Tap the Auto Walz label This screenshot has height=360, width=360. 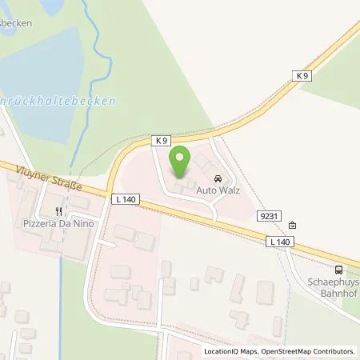pos(218,193)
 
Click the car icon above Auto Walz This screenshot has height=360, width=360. pos(218,178)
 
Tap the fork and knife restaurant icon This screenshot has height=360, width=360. pos(58,212)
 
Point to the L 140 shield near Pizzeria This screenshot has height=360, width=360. pos(126,198)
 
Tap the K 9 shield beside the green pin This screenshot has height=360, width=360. pos(162,141)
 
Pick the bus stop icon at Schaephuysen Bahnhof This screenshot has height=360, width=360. pos(339,270)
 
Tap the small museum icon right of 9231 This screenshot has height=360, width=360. pos(292,225)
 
